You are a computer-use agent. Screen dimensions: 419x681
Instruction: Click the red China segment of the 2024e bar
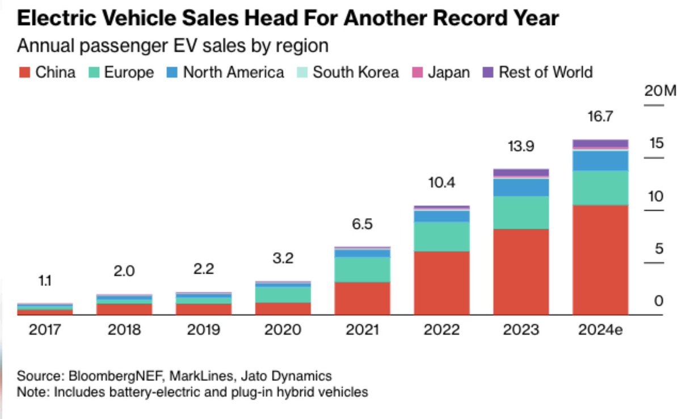(x=600, y=260)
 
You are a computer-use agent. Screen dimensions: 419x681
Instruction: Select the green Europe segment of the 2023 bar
(x=521, y=213)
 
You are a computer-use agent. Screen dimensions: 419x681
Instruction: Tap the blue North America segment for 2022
(x=442, y=216)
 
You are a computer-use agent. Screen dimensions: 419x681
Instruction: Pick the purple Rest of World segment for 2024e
(x=600, y=143)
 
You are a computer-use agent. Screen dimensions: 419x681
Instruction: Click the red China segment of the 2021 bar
(x=362, y=298)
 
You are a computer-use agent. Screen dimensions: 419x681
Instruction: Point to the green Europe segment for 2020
(x=283, y=294)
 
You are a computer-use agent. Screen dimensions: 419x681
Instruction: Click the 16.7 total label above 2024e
(x=600, y=117)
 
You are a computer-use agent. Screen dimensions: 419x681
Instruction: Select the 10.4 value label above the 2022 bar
(x=442, y=183)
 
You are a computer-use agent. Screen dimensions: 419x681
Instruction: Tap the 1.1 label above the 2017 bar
(x=44, y=280)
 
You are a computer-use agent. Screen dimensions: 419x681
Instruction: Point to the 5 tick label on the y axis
(x=659, y=248)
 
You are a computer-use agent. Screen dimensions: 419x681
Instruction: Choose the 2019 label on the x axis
(x=203, y=329)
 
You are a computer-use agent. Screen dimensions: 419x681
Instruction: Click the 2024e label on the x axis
(x=600, y=329)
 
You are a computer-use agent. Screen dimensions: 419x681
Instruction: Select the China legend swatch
(x=24, y=73)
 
